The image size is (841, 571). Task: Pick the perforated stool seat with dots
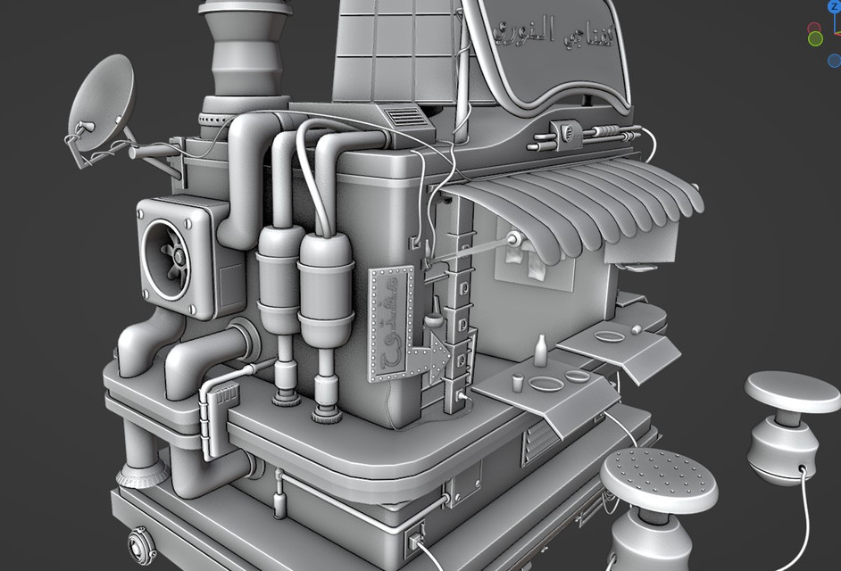pos(658,479)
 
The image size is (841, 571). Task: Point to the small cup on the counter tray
pos(517,384)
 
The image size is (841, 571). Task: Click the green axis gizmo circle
pos(815,38)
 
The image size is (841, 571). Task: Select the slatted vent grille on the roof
pos(404,116)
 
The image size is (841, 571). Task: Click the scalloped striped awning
pos(580,205)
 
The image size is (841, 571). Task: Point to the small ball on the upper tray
pos(635,329)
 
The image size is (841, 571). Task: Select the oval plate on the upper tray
pos(609,337)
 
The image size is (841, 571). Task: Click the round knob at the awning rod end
pos(514,240)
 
